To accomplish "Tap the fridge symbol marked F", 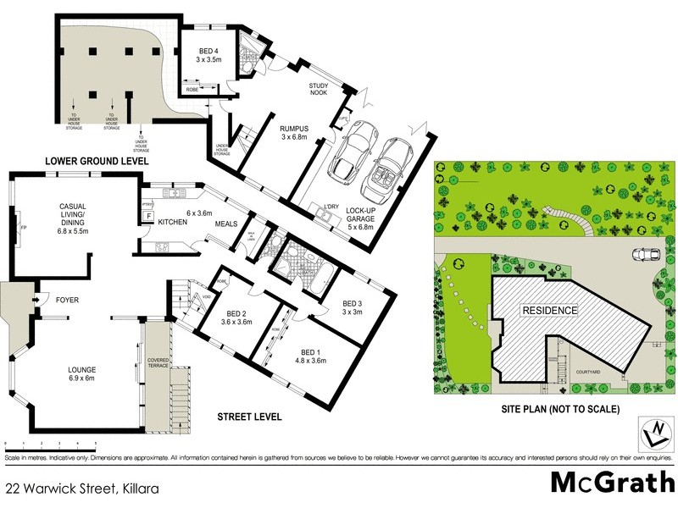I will [x=149, y=218].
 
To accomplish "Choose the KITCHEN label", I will [x=172, y=222].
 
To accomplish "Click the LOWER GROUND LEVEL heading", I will [x=97, y=160].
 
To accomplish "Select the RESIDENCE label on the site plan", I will [x=549, y=311].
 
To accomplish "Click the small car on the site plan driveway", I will [x=646, y=254].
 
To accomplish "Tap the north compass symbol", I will [x=653, y=433].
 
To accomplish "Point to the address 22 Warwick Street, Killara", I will [x=82, y=489].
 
